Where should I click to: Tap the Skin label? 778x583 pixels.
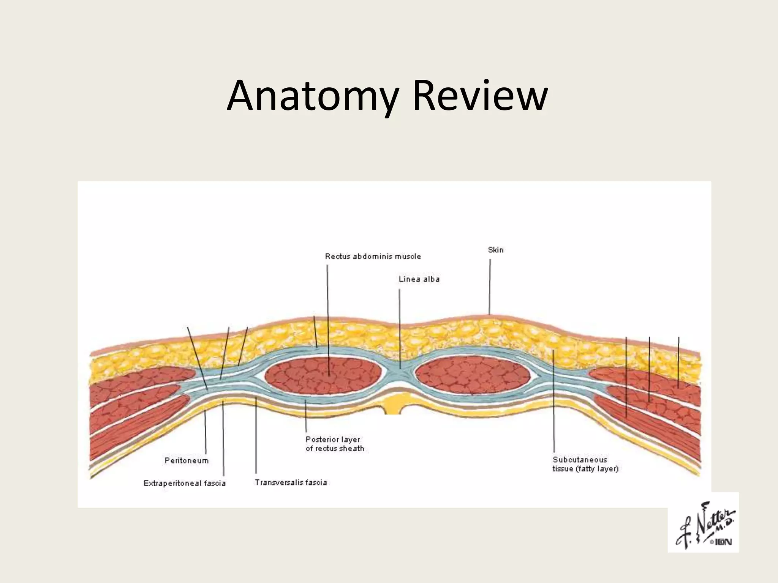tap(495, 250)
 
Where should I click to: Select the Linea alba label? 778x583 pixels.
tap(419, 279)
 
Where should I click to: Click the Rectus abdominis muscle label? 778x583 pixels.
tap(373, 256)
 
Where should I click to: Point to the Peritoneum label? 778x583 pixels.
tap(187, 460)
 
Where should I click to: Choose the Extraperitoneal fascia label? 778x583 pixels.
tap(184, 483)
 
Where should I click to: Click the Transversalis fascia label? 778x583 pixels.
tap(291, 482)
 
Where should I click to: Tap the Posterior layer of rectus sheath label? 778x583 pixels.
tap(334, 444)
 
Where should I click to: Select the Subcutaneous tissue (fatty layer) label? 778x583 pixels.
tap(585, 464)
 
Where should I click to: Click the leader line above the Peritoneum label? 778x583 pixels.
tap(206, 433)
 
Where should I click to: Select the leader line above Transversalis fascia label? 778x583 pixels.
tap(256, 436)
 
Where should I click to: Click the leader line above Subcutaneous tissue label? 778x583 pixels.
tap(554, 402)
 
